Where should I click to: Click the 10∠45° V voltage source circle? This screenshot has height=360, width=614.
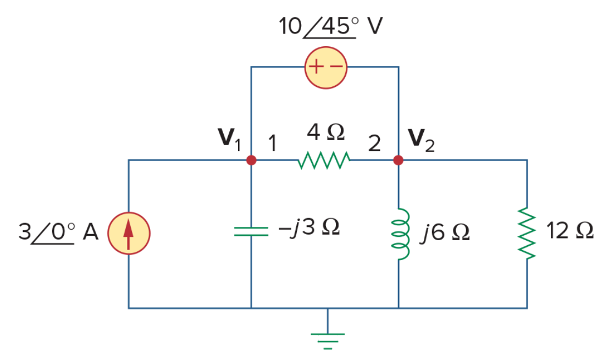coord(326,68)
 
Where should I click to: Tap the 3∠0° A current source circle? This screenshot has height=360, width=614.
coord(129,234)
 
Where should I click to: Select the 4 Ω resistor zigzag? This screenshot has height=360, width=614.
coord(324,160)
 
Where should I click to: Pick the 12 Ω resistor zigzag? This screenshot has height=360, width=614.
coord(527,234)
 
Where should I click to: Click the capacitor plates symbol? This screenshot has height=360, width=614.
coord(251,231)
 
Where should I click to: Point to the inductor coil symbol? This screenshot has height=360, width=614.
coord(400,234)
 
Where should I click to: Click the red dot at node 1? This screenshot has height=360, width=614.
coord(251,160)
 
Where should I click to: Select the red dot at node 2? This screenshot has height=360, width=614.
coord(398,160)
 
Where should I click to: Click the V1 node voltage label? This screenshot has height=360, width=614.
coord(229,139)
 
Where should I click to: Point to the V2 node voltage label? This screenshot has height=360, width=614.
coord(422,140)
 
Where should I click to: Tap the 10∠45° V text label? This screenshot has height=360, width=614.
coord(330,26)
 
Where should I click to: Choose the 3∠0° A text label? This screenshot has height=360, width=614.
coord(58,232)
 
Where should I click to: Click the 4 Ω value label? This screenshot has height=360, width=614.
coord(326,132)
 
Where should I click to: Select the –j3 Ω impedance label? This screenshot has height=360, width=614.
coord(309,228)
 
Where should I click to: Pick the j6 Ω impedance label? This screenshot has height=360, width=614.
coord(445,233)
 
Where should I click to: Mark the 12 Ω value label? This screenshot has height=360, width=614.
coord(570,230)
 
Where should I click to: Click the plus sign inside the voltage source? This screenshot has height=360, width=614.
coord(316,67)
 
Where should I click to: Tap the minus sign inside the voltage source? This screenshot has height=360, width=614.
coord(336,67)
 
